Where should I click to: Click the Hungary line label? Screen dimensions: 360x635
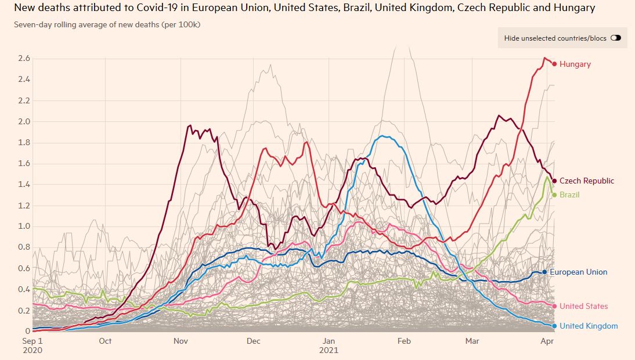click(575, 64)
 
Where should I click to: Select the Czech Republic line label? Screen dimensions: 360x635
click(586, 181)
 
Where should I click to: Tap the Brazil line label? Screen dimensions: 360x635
click(569, 195)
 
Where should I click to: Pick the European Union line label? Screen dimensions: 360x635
click(578, 272)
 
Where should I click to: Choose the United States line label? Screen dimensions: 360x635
click(583, 307)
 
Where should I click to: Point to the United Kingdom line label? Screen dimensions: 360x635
click(589, 326)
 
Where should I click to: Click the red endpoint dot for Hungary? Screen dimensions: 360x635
click(554, 64)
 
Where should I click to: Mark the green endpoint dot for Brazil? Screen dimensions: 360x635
click(554, 195)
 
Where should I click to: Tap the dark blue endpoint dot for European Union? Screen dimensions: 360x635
click(544, 272)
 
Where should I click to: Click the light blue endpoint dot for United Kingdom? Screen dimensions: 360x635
click(554, 326)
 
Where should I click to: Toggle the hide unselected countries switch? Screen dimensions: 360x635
click(615, 38)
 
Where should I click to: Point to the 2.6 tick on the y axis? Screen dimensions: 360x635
click(24, 59)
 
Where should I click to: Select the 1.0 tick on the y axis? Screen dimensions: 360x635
click(24, 226)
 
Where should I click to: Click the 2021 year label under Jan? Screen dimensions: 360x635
click(329, 351)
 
